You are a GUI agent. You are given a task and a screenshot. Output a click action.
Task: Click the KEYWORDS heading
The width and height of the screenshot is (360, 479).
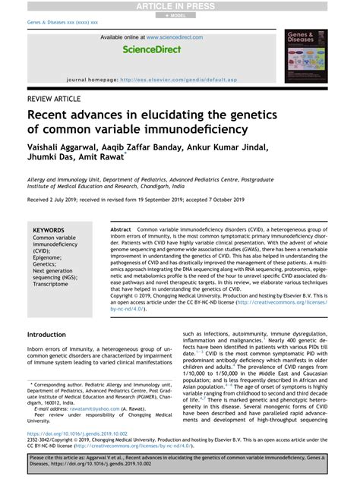(49, 229)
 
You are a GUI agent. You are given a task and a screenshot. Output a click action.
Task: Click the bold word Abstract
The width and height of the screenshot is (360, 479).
(121, 228)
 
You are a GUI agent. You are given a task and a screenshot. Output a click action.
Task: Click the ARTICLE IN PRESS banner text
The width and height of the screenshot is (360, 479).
(180, 5)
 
